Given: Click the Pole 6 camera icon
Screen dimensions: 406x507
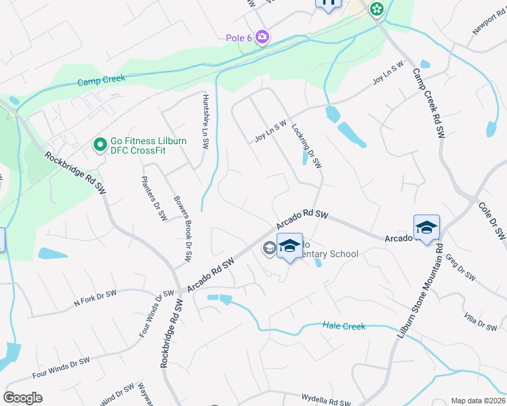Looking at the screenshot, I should pos(262,38).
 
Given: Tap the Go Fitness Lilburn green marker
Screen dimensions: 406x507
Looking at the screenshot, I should pos(100,144).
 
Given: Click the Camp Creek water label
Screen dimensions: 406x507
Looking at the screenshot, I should pos(101,80).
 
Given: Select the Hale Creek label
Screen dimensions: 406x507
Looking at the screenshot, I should pos(344,326).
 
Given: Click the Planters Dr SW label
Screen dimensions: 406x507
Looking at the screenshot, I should pos(154,198).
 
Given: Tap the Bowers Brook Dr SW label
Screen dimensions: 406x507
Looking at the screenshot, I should pos(181,230).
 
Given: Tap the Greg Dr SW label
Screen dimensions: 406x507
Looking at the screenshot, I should pos(466,271).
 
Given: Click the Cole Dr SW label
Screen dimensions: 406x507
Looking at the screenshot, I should pos(492,221).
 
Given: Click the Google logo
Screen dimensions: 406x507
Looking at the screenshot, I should pos(22,398).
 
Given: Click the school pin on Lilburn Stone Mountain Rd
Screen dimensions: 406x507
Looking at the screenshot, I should pos(426,228).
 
